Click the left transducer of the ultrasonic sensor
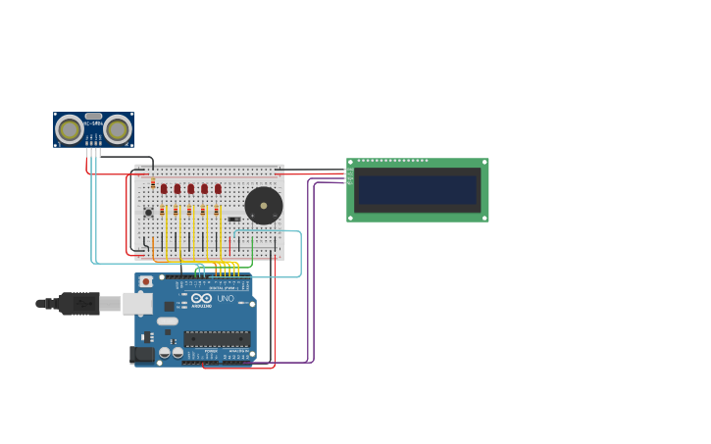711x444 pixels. pyautogui.click(x=70, y=129)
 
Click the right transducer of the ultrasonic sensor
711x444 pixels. pyautogui.click(x=118, y=129)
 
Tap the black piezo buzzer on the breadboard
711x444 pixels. pyautogui.click(x=263, y=206)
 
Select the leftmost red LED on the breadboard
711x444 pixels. pyautogui.click(x=164, y=188)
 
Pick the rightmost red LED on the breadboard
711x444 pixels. pyautogui.click(x=218, y=188)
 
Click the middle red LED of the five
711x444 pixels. pyautogui.click(x=191, y=188)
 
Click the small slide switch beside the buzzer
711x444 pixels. pyautogui.click(x=234, y=219)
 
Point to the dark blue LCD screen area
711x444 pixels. pyautogui.click(x=417, y=190)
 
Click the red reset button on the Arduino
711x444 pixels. pyautogui.click(x=146, y=281)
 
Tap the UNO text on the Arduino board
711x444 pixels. pyautogui.click(x=226, y=298)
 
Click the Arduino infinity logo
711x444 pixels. pyautogui.click(x=201, y=298)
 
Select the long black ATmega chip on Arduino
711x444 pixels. pyautogui.click(x=217, y=338)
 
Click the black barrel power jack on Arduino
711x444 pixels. pyautogui.click(x=142, y=354)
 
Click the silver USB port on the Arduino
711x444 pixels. pyautogui.click(x=137, y=304)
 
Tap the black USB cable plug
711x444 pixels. pyautogui.click(x=78, y=304)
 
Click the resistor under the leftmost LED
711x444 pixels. pyautogui.click(x=163, y=211)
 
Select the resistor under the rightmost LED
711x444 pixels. pyautogui.click(x=217, y=211)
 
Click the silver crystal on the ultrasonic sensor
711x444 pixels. pyautogui.click(x=93, y=116)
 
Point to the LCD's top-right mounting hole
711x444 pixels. pyautogui.click(x=483, y=163)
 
